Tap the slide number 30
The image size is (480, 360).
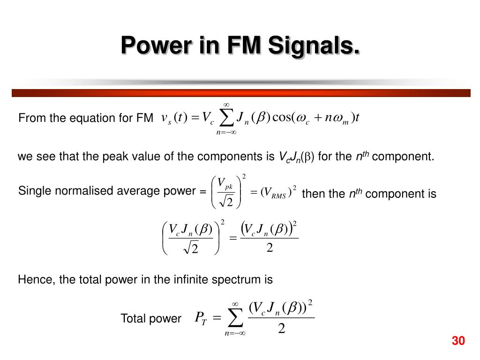458,341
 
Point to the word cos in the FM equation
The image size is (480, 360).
281,117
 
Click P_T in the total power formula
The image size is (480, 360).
201,318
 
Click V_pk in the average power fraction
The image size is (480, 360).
226,184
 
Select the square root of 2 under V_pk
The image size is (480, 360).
226,201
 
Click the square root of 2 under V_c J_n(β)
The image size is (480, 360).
191,248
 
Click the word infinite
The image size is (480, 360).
185,280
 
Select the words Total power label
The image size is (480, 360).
150,319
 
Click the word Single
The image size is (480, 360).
33,191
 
